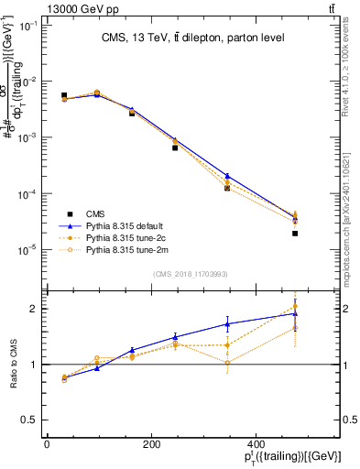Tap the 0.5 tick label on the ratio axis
[x=28, y=420]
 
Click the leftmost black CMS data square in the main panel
[x=64, y=95]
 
